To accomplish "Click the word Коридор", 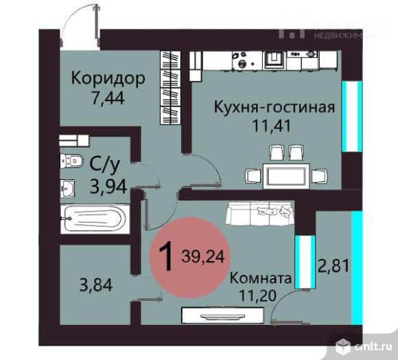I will click(x=108, y=78).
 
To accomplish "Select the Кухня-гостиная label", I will click(x=274, y=107).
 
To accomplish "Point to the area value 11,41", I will click(x=274, y=127).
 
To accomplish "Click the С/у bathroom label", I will click(x=104, y=164).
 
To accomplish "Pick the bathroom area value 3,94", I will click(x=108, y=185).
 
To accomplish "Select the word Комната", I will click(x=260, y=278).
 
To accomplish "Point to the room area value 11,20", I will click(x=261, y=297).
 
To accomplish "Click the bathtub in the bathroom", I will click(x=93, y=221).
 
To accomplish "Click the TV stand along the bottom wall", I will click(x=221, y=316).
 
